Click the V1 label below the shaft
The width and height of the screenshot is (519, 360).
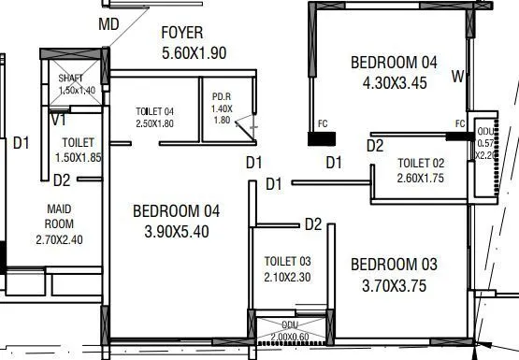click(58, 120)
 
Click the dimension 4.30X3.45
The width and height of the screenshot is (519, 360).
click(393, 81)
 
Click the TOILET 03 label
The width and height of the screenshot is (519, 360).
click(287, 261)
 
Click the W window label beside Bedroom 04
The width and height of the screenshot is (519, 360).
click(457, 76)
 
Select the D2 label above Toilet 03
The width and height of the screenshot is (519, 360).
click(312, 224)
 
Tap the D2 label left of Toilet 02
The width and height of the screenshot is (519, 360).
click(375, 145)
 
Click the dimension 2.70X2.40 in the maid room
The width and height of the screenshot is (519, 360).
click(59, 239)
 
